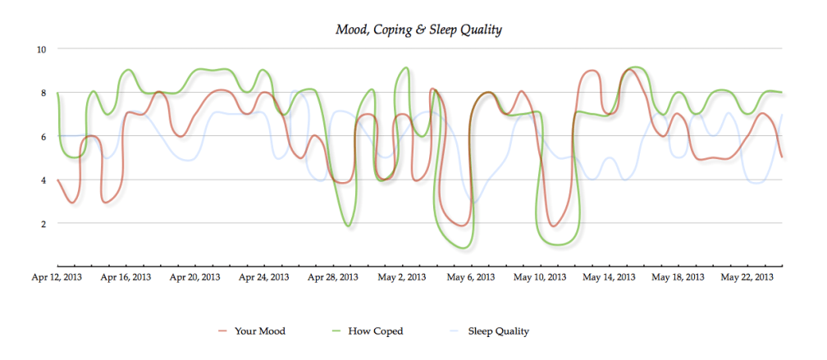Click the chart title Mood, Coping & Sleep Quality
tap(418, 30)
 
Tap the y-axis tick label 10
tap(41, 49)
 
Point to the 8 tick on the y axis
tap(43, 93)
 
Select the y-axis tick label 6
tap(43, 136)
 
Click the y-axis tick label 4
tap(43, 180)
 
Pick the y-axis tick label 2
tap(43, 223)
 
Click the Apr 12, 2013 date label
tap(57, 278)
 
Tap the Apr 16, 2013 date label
tap(126, 278)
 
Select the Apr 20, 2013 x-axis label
tap(194, 278)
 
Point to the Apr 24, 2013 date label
tap(263, 278)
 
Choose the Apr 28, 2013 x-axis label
tap(332, 278)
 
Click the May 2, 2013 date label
tap(401, 278)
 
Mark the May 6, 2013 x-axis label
tap(470, 278)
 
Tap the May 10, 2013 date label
tap(539, 278)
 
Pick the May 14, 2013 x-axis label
tap(608, 278)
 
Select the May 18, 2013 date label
tap(678, 278)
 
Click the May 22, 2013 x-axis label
tap(747, 278)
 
